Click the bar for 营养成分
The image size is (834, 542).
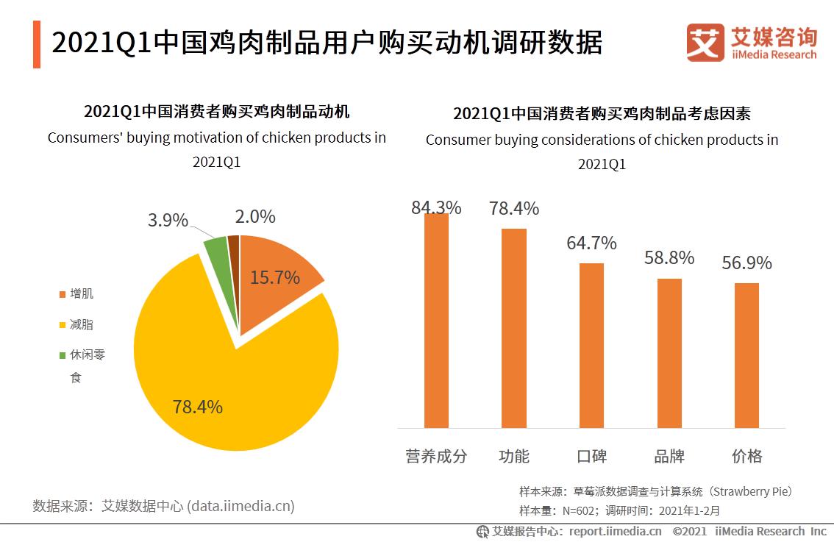tap(436, 321)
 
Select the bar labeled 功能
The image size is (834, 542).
tap(514, 328)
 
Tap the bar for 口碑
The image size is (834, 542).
tap(591, 345)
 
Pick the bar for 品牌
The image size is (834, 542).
tap(669, 353)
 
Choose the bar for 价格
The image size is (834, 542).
tap(746, 355)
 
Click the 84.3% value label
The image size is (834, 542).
tap(436, 207)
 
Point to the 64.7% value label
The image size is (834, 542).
tap(591, 243)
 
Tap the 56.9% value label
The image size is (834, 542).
tap(746, 263)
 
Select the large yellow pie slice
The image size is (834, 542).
tap(221, 368)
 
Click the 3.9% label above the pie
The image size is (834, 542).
tap(168, 220)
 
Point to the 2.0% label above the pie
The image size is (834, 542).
tap(255, 216)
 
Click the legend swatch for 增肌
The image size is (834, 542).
tap(62, 295)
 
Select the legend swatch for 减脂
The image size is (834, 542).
tap(62, 325)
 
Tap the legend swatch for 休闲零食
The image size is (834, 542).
tap(62, 355)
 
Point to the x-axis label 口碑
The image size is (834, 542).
tap(591, 456)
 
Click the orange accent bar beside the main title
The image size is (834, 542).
tap(37, 44)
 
